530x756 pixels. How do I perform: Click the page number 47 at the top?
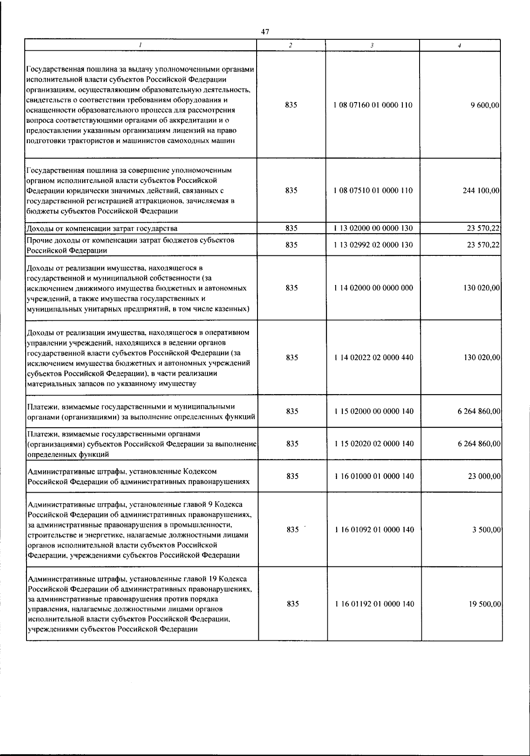click(265, 32)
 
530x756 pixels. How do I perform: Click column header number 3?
click(372, 46)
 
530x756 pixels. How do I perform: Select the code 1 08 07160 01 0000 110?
click(374, 105)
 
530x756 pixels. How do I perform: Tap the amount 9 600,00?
click(485, 105)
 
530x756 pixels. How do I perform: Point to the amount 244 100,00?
click(481, 190)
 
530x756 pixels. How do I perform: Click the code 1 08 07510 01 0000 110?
click(374, 190)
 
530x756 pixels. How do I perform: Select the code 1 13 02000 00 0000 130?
click(374, 228)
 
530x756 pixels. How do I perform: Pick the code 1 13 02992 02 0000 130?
click(374, 245)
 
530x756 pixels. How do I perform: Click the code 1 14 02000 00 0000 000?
click(374, 288)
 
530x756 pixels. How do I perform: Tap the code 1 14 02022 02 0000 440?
click(374, 357)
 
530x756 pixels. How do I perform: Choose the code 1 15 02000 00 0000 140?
click(374, 411)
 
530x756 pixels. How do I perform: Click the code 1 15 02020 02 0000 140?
click(374, 443)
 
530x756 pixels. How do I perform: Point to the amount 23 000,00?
click(484, 476)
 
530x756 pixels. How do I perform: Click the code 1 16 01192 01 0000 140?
click(375, 604)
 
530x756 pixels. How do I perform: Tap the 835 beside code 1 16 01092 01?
click(292, 529)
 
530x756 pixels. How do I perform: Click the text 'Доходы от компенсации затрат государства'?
click(102, 228)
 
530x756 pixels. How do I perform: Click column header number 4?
click(460, 46)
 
